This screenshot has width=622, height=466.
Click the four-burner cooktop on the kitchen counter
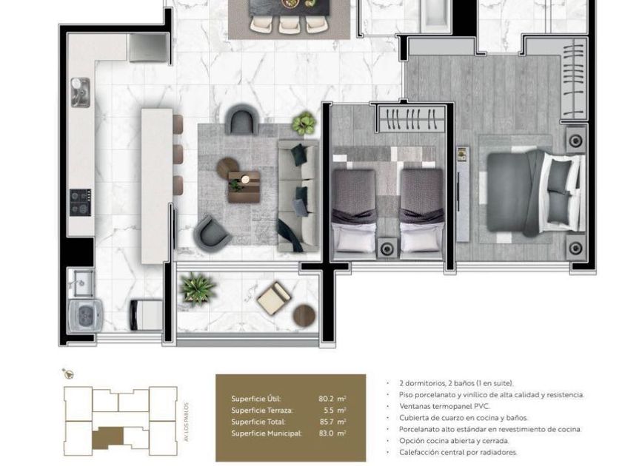pos(81,203)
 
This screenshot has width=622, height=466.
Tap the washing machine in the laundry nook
pos(85,316)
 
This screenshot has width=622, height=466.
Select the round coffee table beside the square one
pos(228,168)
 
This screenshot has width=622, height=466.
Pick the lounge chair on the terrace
pos(274,297)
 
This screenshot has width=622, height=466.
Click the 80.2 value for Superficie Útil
pos(326,399)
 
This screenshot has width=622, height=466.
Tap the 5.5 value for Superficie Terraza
pos(328,411)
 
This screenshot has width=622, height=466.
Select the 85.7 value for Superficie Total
pos(327,422)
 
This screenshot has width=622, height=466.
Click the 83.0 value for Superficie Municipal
pos(326,433)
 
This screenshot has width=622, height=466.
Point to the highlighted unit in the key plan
pos(108,437)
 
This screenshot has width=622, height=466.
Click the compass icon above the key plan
pos(68,374)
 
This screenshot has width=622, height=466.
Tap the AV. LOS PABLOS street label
pos(187,422)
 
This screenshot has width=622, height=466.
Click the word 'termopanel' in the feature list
pos(446,406)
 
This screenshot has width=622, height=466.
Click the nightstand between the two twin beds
pos(387,249)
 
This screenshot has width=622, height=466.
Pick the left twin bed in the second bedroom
pos(354,214)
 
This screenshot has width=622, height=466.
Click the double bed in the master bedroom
pos(535,192)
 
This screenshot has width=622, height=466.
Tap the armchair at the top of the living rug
pos(242,119)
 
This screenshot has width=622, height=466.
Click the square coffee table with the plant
pos(244,186)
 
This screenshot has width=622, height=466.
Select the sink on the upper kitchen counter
pos(80,92)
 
